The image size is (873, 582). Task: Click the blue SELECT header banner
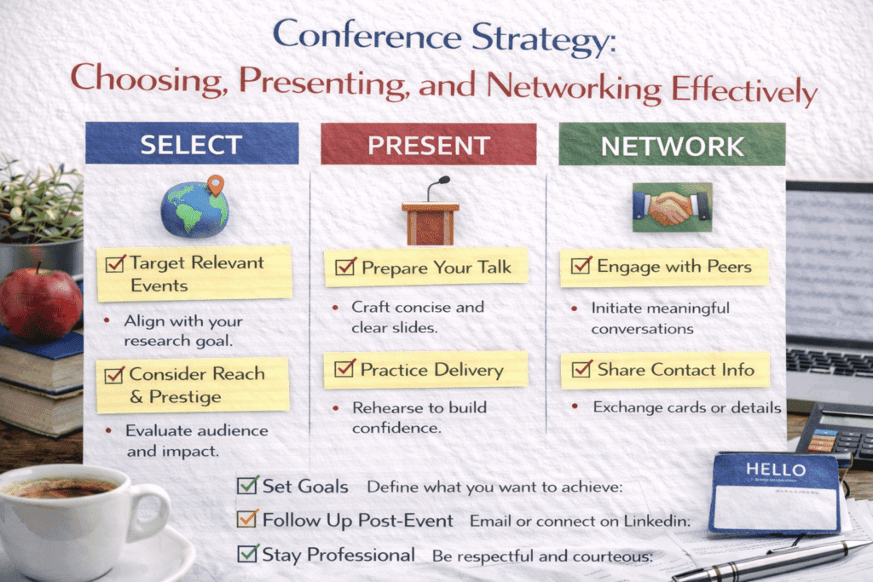point(192,144)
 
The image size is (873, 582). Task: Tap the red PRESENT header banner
point(428,144)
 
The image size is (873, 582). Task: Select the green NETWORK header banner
point(672,144)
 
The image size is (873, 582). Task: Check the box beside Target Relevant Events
point(115,262)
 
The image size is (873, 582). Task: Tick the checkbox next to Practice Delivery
point(344,369)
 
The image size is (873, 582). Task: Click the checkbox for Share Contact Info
point(581,369)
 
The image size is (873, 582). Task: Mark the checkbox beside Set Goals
point(247,486)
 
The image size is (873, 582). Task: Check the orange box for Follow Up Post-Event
point(247,520)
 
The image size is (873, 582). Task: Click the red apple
point(40,303)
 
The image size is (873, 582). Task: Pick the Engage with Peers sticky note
point(663,267)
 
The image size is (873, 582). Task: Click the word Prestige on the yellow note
point(185,397)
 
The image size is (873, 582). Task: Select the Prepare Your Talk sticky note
point(425,268)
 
